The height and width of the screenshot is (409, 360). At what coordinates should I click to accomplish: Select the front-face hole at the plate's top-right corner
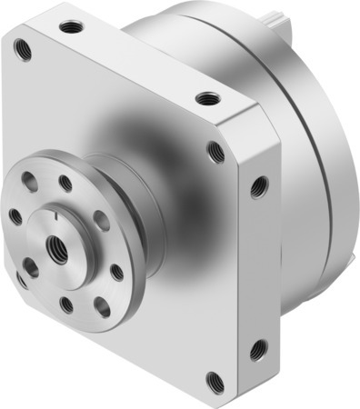coord(215,151)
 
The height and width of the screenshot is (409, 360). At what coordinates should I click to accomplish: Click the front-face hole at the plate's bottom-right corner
coord(215,381)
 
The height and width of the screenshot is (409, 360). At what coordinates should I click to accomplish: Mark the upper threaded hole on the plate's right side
coord(258,186)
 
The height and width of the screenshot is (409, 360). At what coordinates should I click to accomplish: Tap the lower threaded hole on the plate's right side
coord(257,348)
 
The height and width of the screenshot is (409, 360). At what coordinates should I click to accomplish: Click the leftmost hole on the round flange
coord(15,215)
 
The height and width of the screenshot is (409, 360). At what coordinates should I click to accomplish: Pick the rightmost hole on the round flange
coord(116,272)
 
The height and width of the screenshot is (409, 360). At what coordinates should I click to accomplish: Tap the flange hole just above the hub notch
coord(65,185)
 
